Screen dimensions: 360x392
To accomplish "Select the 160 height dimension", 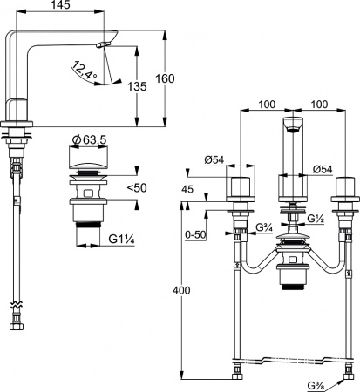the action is click(x=165, y=78).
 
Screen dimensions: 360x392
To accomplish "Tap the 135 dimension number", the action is click(x=138, y=86).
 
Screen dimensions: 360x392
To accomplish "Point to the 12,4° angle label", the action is click(x=85, y=70).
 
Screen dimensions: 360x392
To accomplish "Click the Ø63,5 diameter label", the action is click(x=90, y=140).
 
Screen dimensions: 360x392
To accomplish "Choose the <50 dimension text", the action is click(x=137, y=188).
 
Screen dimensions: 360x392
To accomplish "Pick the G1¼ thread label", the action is click(x=122, y=240).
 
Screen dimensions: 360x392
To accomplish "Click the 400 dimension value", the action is click(x=181, y=290).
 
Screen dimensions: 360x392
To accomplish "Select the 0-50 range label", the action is click(x=196, y=235).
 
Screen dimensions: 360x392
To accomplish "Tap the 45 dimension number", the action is click(x=187, y=189).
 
